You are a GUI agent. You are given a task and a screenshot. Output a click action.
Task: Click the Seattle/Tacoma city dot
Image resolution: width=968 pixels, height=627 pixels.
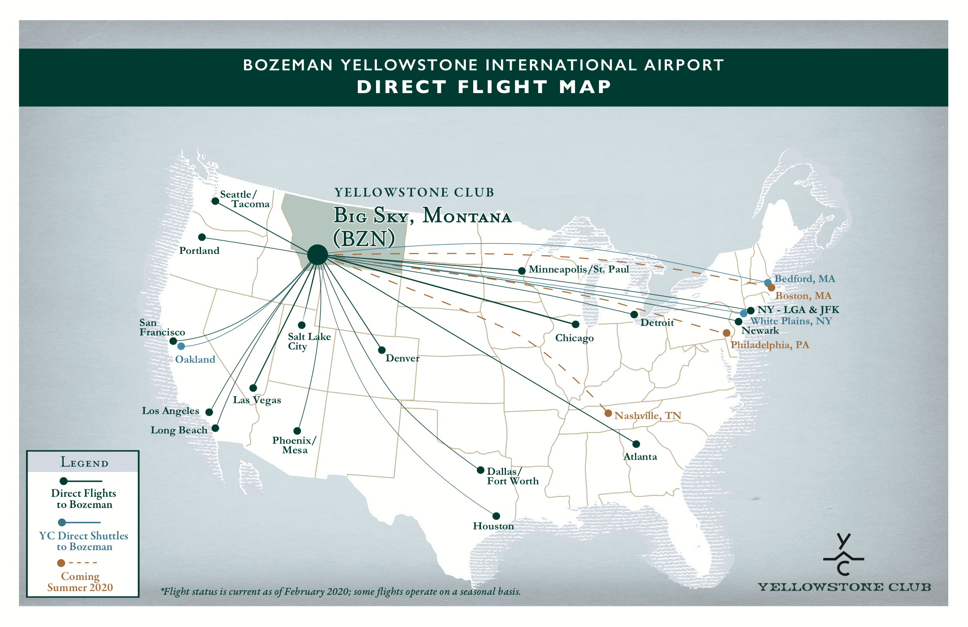[x=215, y=201]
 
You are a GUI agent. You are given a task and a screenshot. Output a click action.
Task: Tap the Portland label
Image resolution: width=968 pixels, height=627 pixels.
[x=199, y=251]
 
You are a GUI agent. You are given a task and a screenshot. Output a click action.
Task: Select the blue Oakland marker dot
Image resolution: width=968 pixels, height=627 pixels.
[x=181, y=346]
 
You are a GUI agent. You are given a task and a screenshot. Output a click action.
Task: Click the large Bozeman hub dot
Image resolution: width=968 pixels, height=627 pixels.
[x=317, y=254]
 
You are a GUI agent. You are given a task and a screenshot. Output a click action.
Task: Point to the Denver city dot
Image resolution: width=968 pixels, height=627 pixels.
[x=382, y=350]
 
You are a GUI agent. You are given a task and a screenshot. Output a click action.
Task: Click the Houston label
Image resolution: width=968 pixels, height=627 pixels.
[x=493, y=526]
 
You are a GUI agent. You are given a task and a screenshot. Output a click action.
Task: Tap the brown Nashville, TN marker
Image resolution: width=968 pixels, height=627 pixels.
[x=608, y=413]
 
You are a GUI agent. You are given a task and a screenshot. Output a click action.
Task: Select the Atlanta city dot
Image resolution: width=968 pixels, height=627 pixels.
[x=636, y=444]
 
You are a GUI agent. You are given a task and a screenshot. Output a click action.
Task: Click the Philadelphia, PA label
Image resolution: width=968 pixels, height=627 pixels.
[x=769, y=345]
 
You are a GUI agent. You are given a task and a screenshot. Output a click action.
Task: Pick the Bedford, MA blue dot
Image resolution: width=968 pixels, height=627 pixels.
[x=768, y=282]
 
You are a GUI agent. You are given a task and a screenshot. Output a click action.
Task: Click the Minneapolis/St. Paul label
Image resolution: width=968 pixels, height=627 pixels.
[x=578, y=269]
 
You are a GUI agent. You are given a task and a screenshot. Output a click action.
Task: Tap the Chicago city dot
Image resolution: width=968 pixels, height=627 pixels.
[x=575, y=324]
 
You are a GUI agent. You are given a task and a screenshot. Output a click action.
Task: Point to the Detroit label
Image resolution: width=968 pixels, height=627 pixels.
[x=657, y=323]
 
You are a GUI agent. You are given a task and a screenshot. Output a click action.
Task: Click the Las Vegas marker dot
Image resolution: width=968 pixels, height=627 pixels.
[x=253, y=388]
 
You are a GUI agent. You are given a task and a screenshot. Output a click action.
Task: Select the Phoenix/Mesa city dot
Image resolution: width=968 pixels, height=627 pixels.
[x=297, y=431]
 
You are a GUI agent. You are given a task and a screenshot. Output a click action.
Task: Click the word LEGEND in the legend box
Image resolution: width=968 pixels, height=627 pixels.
[x=84, y=462]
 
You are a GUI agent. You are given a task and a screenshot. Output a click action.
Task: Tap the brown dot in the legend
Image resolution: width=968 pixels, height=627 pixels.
[x=61, y=563]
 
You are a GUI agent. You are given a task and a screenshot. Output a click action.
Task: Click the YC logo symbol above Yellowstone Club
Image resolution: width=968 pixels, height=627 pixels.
[x=843, y=554]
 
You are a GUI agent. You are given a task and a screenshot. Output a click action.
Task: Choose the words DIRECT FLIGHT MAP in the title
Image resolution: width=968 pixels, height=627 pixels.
[x=484, y=87]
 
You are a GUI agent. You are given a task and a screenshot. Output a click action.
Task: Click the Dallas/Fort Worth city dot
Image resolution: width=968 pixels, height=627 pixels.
[x=480, y=470]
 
